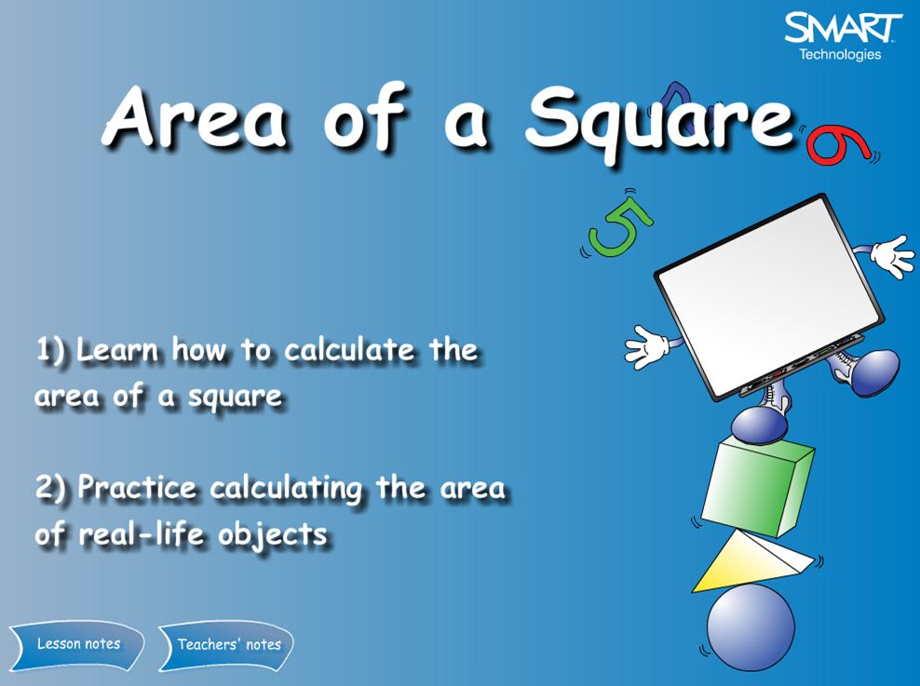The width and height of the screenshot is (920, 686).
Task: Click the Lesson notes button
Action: [78, 644]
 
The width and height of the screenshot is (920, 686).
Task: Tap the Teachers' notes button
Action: [229, 644]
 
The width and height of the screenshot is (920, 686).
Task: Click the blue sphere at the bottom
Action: [751, 625]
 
